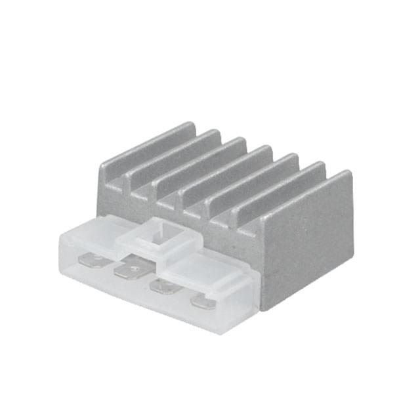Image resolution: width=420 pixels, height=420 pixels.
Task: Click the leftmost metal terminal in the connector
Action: (x=94, y=262)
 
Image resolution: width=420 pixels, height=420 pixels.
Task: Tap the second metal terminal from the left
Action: (x=130, y=269)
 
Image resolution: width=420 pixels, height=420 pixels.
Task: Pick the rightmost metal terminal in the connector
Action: (x=203, y=303)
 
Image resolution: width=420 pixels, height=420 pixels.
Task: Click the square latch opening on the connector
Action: (x=158, y=235)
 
